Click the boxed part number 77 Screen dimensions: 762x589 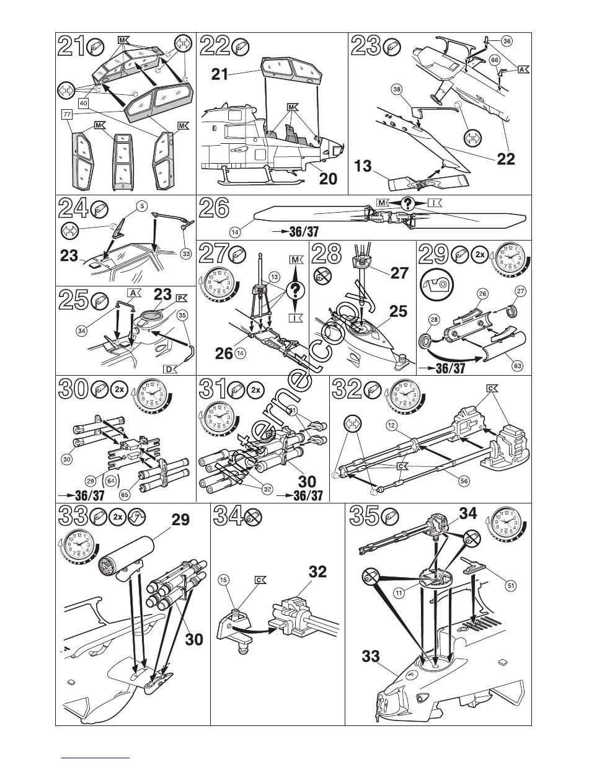[x=66, y=114]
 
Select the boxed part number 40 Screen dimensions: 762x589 [x=84, y=103]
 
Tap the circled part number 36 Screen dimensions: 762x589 [x=507, y=41]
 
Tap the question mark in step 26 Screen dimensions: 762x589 [x=407, y=203]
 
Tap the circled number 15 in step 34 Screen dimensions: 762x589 [x=224, y=580]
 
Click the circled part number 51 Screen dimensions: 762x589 [x=510, y=585]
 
